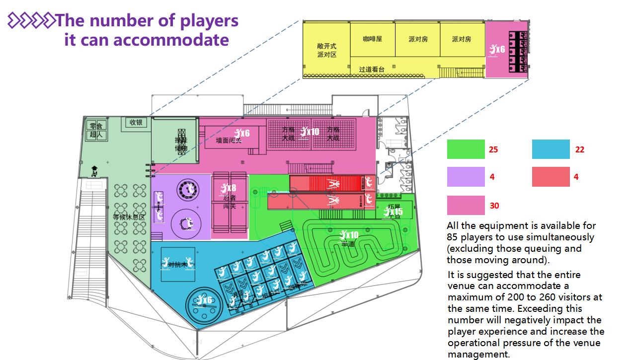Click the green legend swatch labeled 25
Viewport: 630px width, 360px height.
click(x=466, y=149)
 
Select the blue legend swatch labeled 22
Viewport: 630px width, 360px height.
click(x=551, y=149)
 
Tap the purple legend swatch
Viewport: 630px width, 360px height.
click(x=466, y=177)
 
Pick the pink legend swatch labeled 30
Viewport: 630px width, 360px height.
click(x=466, y=206)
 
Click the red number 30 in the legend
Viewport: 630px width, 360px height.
click(x=494, y=206)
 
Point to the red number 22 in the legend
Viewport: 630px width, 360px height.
click(x=579, y=149)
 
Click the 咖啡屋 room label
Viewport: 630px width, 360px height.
click(x=373, y=39)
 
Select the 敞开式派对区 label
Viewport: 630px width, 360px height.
click(x=326, y=50)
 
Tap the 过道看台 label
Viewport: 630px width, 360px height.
click(x=372, y=70)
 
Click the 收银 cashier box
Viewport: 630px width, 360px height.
click(x=136, y=122)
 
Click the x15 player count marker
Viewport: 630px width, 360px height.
click(x=394, y=212)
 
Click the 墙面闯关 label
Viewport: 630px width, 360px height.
click(x=229, y=141)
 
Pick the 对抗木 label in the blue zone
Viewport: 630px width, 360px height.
click(x=177, y=265)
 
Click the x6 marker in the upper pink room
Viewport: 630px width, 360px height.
click(x=497, y=49)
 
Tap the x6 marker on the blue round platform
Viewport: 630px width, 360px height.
click(x=204, y=300)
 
